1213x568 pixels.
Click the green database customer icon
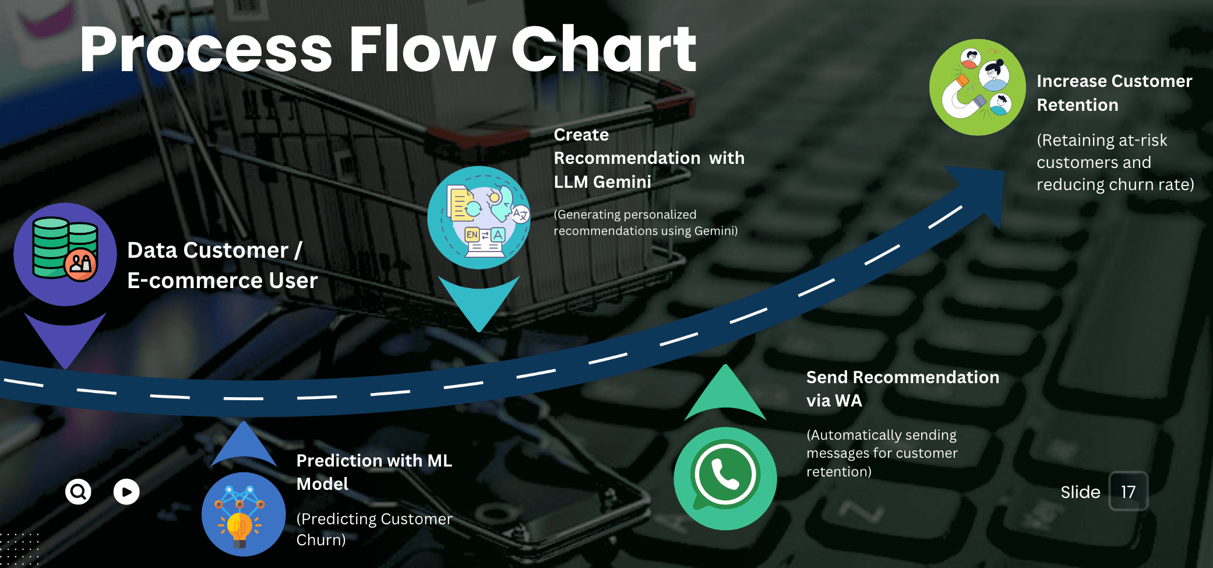pos(65,254)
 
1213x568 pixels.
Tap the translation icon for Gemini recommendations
pos(479,218)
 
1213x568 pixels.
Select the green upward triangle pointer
pos(725,395)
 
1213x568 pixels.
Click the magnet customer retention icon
pos(977,87)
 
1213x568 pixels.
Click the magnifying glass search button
pos(78,492)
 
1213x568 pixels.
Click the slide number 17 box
pos(1128,492)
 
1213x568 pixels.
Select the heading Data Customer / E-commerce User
pos(222,265)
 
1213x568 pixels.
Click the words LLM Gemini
pos(602,182)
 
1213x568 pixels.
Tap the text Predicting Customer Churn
pos(374,529)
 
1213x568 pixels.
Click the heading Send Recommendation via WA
pos(902,388)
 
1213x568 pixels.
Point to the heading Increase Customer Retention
pos(1114,93)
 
